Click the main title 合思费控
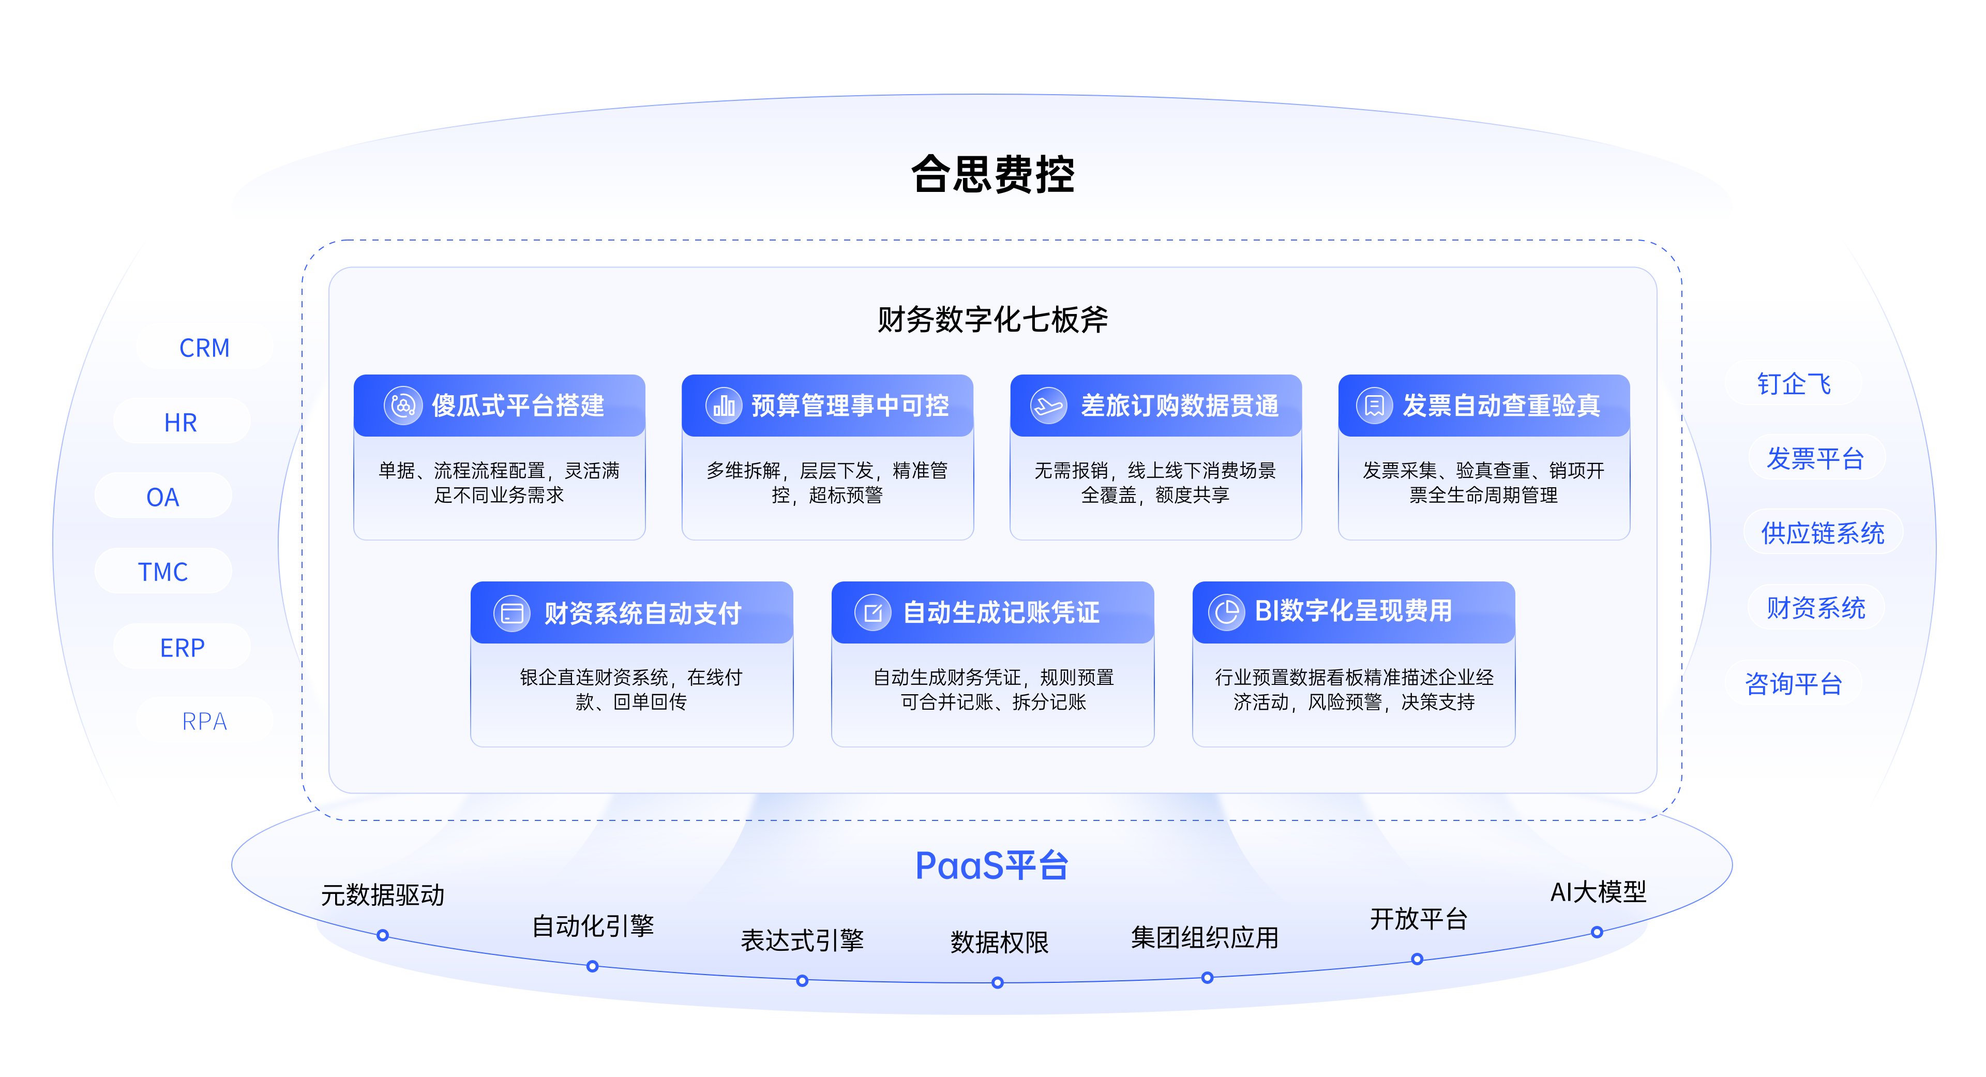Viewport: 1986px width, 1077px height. (992, 174)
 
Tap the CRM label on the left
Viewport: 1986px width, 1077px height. (204, 348)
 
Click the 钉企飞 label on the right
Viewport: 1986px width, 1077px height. (1793, 383)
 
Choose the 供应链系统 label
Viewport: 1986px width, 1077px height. (1823, 533)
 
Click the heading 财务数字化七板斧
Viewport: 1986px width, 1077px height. (992, 319)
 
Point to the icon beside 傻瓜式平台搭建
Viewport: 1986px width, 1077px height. (402, 406)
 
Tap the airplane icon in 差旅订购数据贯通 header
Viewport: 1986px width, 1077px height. (1048, 406)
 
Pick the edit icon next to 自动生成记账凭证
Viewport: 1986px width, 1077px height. (872, 613)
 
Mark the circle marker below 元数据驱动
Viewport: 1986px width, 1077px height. (382, 936)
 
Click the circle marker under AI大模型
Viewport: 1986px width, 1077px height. (1597, 933)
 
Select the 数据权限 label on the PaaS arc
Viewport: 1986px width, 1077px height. (999, 942)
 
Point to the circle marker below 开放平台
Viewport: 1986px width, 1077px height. (1417, 960)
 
